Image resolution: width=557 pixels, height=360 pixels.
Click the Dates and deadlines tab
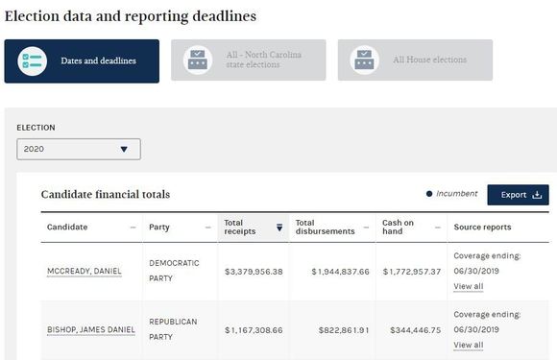(x=82, y=61)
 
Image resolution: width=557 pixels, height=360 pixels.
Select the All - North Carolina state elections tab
(x=249, y=60)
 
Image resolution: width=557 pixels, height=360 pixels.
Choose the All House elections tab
(x=415, y=60)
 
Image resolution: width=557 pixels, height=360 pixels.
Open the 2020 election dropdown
(x=79, y=149)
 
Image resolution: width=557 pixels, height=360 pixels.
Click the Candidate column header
(x=67, y=228)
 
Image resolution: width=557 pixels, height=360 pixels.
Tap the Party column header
(x=159, y=228)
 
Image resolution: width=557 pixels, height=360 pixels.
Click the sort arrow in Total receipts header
(x=279, y=228)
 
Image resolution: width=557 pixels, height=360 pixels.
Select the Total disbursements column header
(x=325, y=228)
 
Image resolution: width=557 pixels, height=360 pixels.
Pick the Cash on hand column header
(x=398, y=228)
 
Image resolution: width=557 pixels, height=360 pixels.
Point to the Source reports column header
(x=482, y=228)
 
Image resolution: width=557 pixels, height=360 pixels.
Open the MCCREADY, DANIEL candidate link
(x=85, y=272)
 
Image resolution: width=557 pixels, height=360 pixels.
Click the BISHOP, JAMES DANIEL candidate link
(x=91, y=330)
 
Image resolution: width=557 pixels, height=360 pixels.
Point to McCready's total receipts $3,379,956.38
(x=254, y=272)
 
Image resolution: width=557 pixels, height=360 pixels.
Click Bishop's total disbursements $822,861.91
(x=344, y=330)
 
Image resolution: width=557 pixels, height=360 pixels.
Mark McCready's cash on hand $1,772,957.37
(x=412, y=272)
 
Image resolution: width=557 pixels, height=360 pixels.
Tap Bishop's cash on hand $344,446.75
(x=416, y=330)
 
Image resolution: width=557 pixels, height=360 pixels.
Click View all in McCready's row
(x=469, y=286)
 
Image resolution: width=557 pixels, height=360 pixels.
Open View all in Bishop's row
(x=469, y=345)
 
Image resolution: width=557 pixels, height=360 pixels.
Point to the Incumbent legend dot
(x=429, y=194)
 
